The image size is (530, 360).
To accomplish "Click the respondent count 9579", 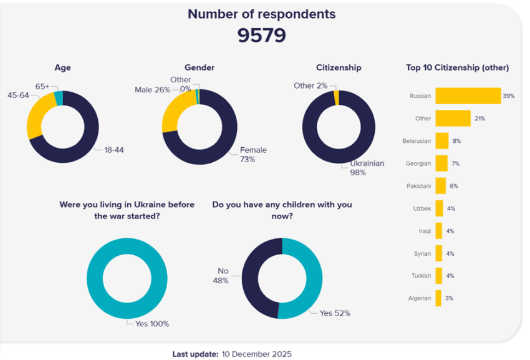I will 261,36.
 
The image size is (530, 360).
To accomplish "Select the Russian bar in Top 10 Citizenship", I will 468,96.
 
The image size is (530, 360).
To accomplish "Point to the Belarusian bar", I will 442,141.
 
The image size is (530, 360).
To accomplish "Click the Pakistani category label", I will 418,186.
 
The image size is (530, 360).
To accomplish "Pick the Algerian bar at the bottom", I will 438,298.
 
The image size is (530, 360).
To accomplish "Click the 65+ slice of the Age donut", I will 59,98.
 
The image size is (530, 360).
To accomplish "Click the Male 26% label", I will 152,90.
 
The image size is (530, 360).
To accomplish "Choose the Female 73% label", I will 253,154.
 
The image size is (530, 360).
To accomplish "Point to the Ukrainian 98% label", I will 362,168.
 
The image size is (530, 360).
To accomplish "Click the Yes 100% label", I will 152,323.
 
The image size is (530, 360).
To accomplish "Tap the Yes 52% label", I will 335,313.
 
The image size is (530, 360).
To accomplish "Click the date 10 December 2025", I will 256,354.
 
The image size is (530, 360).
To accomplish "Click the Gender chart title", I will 199,67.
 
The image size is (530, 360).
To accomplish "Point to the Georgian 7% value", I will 455,163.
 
